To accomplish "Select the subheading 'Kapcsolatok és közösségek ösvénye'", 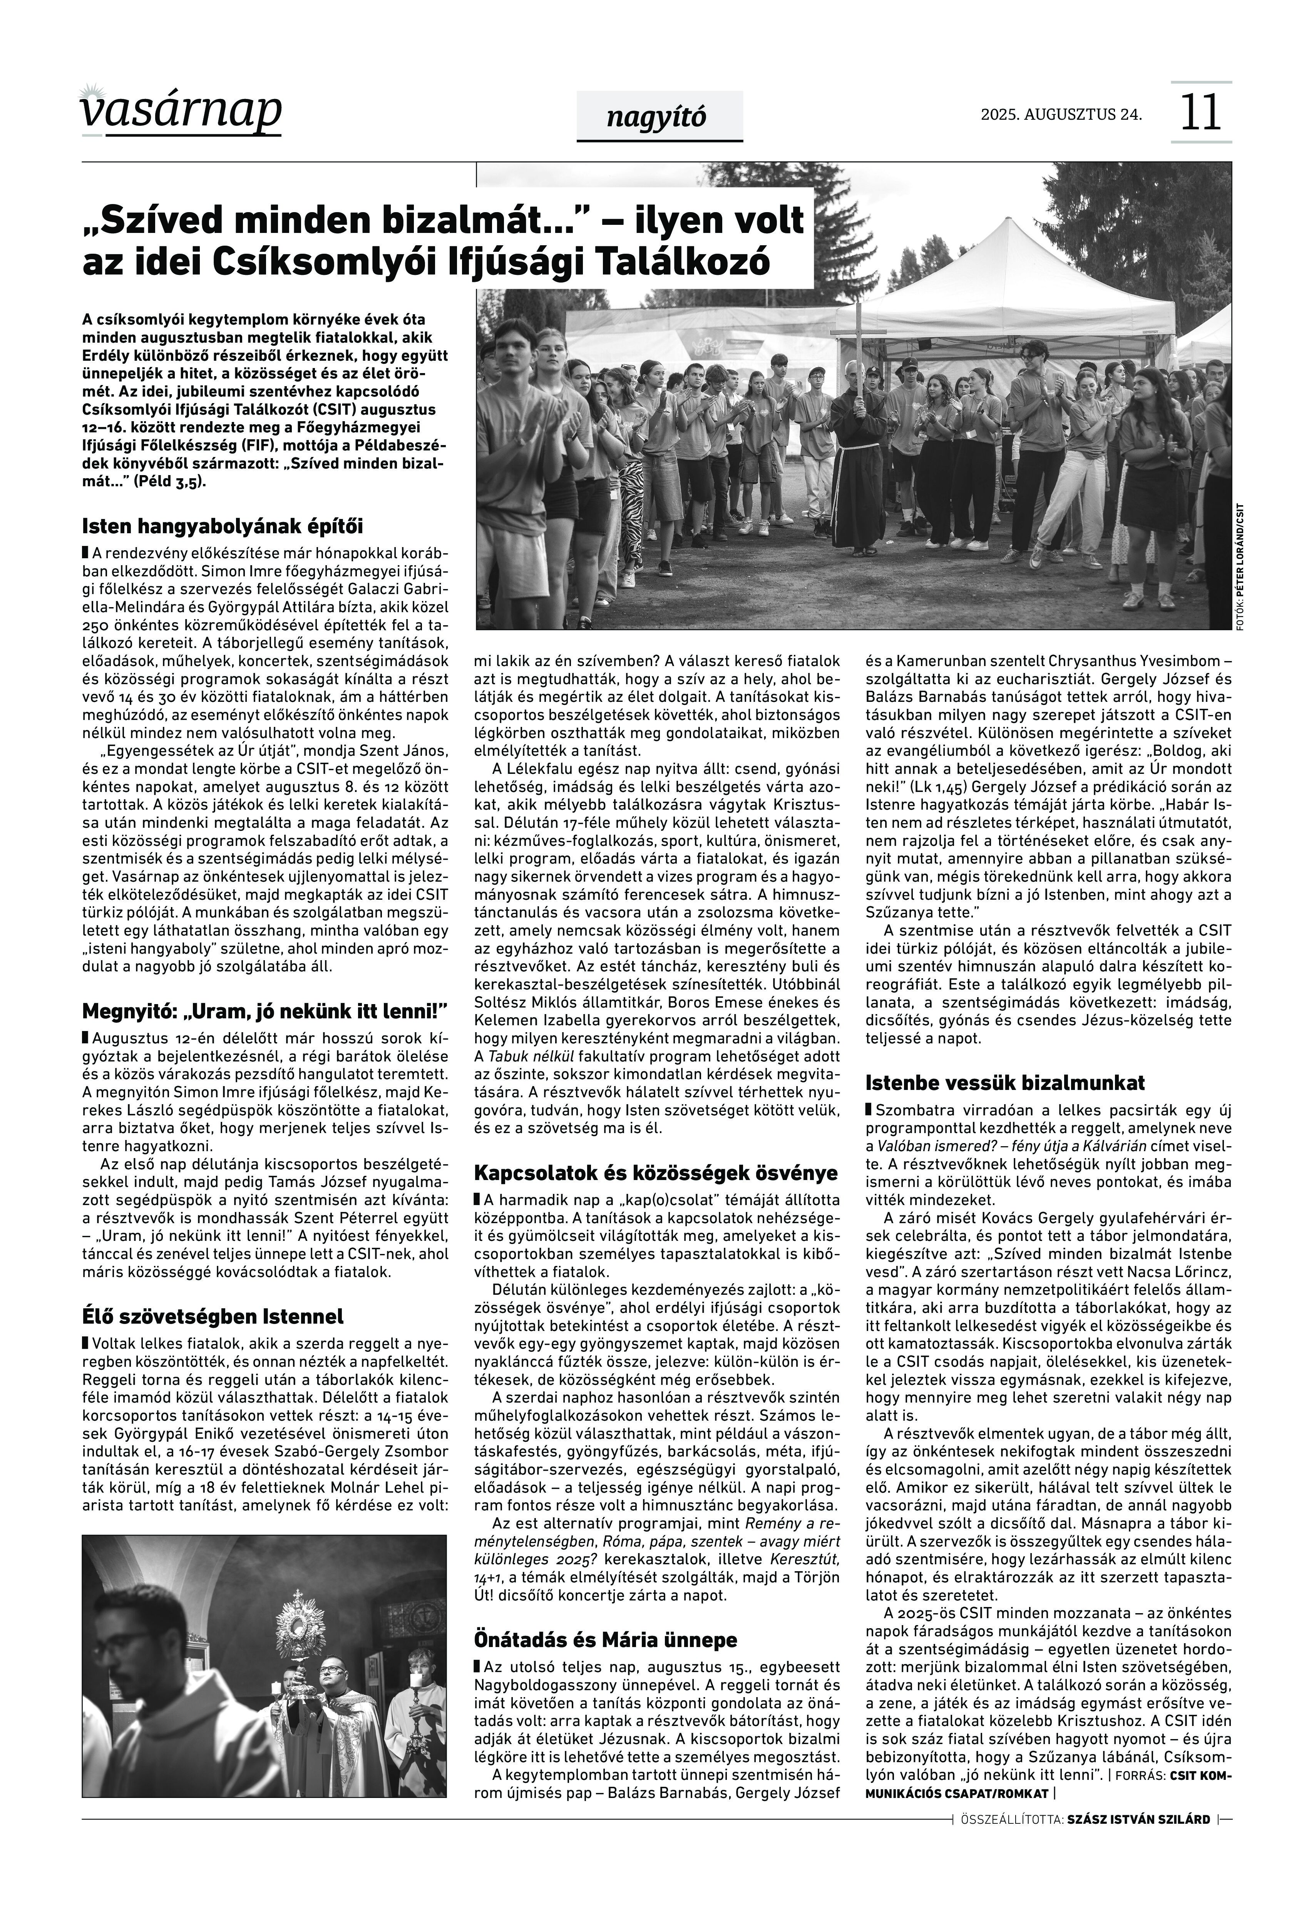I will tap(655, 1172).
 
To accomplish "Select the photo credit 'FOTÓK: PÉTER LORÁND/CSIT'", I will tap(1239, 568).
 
